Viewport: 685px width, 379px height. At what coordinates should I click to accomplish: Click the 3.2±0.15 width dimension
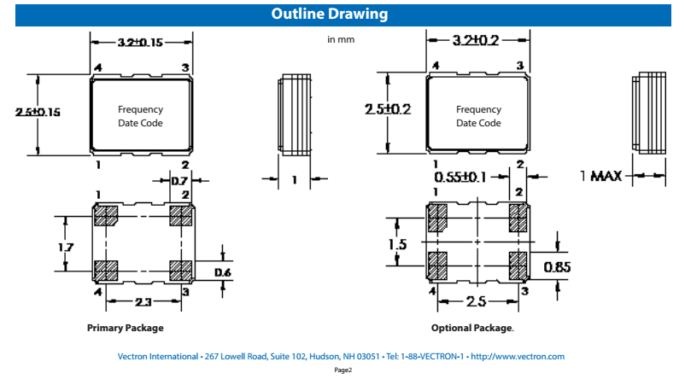(141, 41)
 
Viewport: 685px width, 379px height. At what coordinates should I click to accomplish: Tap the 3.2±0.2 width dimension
(477, 40)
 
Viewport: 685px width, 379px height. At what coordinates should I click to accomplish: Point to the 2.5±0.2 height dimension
(388, 109)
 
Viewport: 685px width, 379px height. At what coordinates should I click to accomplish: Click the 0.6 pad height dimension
(222, 272)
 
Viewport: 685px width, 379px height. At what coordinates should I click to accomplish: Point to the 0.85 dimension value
(558, 268)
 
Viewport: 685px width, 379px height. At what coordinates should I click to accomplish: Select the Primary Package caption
(125, 328)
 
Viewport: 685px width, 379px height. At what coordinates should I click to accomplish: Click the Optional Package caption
(472, 328)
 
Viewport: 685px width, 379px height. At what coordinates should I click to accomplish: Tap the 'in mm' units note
(342, 39)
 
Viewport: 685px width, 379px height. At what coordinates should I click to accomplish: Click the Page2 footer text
(342, 370)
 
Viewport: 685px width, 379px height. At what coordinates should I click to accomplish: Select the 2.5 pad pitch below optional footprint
(477, 302)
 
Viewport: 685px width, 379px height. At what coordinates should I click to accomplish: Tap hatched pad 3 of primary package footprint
(180, 271)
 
